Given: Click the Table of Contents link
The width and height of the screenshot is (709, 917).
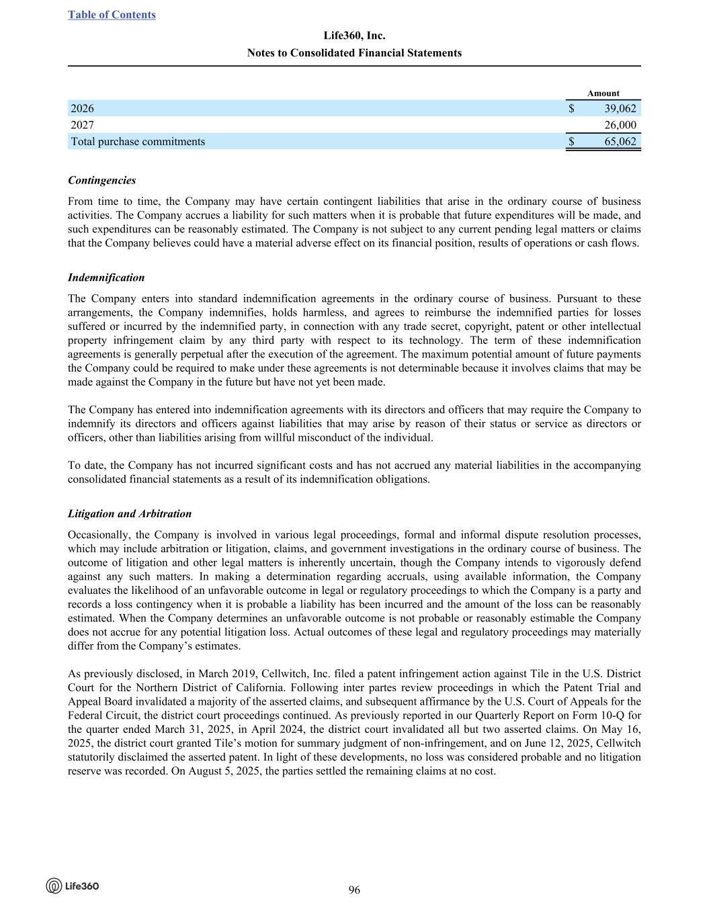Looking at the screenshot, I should pos(112,15).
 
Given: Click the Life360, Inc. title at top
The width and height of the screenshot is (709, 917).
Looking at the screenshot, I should pos(354,36).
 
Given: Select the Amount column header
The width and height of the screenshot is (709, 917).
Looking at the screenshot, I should pos(603,93).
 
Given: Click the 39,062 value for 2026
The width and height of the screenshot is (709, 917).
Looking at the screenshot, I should pos(620,108).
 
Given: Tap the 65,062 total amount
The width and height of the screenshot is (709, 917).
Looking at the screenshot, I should pos(620,141).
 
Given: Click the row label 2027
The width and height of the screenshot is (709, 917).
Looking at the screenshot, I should pos(83,125).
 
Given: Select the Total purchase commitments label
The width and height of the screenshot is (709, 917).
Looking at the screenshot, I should pos(138,141).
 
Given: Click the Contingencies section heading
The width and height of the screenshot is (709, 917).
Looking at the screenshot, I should pos(101,180).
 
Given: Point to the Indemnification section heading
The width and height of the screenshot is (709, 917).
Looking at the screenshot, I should pos(106,277).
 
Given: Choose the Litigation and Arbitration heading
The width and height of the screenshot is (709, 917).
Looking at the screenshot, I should pos(130,513).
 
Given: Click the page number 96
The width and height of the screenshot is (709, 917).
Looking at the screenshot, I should pos(354,890).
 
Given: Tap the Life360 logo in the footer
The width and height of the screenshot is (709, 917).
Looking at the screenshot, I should pos(73,886).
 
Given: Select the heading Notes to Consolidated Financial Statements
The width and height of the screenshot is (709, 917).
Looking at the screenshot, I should pos(354,52).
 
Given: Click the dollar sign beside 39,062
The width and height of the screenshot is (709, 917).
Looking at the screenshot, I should pos(571,108).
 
